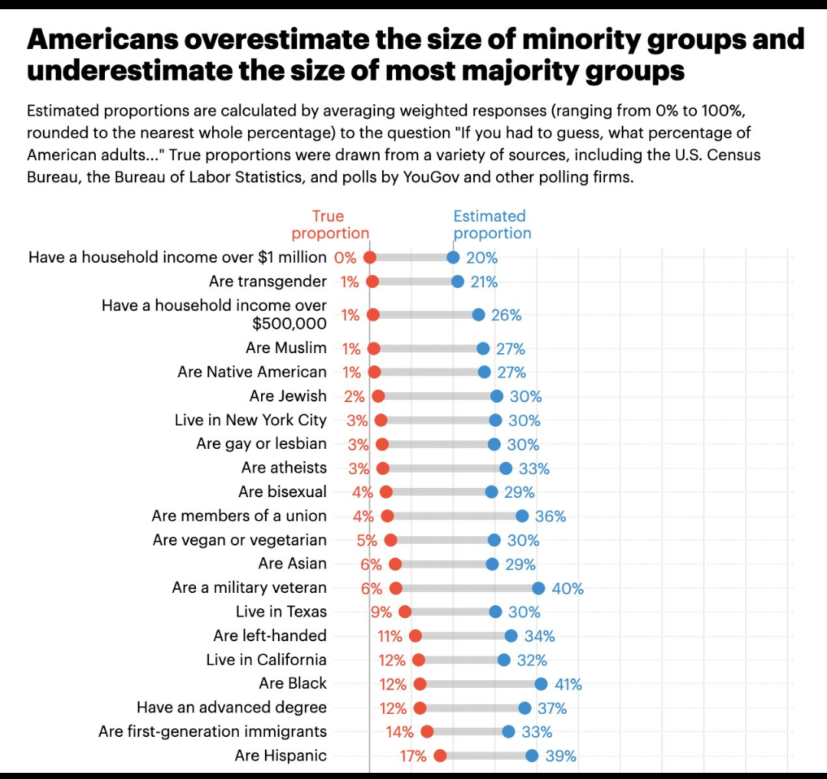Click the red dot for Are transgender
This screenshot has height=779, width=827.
pyautogui.click(x=372, y=281)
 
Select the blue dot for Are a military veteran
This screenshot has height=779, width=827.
pyautogui.click(x=538, y=588)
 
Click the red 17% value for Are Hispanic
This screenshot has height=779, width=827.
pyautogui.click(x=413, y=756)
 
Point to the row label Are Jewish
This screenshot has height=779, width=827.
pyautogui.click(x=288, y=396)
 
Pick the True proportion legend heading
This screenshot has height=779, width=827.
pyautogui.click(x=329, y=224)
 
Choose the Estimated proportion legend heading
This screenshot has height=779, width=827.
pyautogui.click(x=492, y=224)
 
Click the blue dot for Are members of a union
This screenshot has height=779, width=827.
pyautogui.click(x=522, y=516)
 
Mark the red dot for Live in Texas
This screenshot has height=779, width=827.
pyautogui.click(x=405, y=611)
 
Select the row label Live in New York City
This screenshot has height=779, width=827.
pyautogui.click(x=250, y=420)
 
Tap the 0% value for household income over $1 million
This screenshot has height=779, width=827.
pyautogui.click(x=345, y=257)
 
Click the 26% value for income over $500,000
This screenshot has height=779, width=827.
pyautogui.click(x=506, y=315)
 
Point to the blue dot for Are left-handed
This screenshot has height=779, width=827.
pyautogui.click(x=511, y=636)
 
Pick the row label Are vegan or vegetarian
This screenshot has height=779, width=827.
pyautogui.click(x=239, y=540)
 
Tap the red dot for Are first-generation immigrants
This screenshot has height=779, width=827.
pyautogui.click(x=427, y=732)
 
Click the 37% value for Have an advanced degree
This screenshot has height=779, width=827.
pyautogui.click(x=552, y=709)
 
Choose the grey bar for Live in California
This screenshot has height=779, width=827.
pyautogui.click(x=461, y=660)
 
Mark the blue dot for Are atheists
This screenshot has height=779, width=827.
pyautogui.click(x=505, y=468)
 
